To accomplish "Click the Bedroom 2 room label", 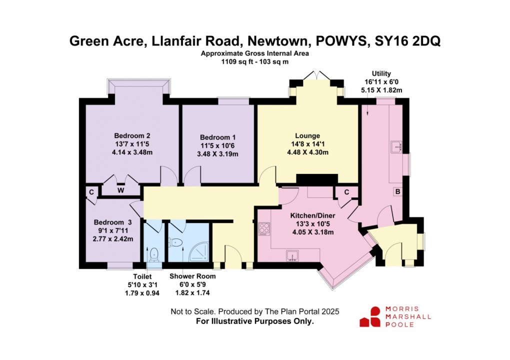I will pyautogui.click(x=132, y=135).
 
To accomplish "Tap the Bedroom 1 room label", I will pyautogui.click(x=217, y=137).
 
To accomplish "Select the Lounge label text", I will pyautogui.click(x=307, y=135).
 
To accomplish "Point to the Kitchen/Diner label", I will pyautogui.click(x=312, y=215).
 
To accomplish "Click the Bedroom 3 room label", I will pyautogui.click(x=113, y=222).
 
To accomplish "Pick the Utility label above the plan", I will pyautogui.click(x=378, y=73).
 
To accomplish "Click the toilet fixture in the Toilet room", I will pyautogui.click(x=154, y=253).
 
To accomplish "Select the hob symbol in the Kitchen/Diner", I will pyautogui.click(x=263, y=229).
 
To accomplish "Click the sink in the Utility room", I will pyautogui.click(x=396, y=146).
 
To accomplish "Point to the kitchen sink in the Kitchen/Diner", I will pyautogui.click(x=292, y=256).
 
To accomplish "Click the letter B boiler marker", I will pyautogui.click(x=397, y=191).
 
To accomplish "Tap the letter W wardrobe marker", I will pyautogui.click(x=121, y=190).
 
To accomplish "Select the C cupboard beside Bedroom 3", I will pyautogui.click(x=91, y=191).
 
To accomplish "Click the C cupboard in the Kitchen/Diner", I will pyautogui.click(x=346, y=191).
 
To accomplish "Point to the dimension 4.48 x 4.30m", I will pyautogui.click(x=307, y=152).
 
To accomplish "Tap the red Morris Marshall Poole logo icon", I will pyautogui.click(x=370, y=316).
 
